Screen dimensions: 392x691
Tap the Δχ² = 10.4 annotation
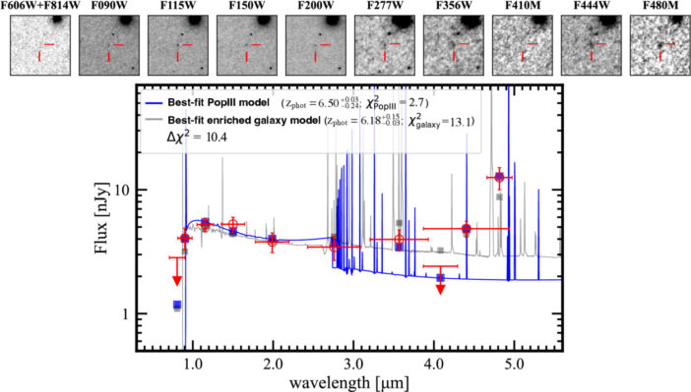click(x=201, y=141)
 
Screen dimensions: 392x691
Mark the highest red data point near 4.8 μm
click(x=500, y=177)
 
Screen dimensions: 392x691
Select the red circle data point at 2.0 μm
click(x=273, y=240)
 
